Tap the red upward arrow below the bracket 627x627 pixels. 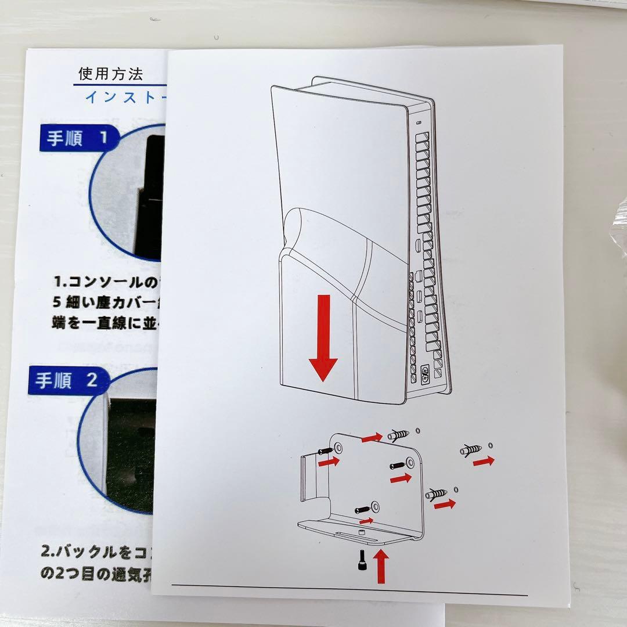point(381,567)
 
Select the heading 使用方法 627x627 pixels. point(111,74)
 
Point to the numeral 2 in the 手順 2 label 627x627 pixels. point(92,380)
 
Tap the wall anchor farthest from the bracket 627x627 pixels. point(471,449)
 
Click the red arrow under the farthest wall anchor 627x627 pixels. point(484,462)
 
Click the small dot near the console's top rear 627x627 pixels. point(420,122)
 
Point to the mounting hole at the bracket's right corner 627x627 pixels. point(411,463)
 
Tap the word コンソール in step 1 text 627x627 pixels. point(105,282)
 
